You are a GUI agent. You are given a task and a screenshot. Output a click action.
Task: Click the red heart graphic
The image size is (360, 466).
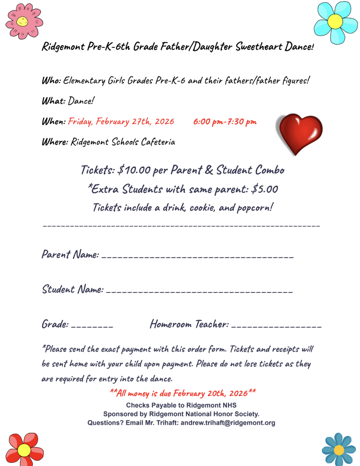point(300,133)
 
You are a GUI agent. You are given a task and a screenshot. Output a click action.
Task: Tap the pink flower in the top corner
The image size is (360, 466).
point(24,21)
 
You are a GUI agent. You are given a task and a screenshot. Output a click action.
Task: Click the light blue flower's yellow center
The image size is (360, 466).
point(335,20)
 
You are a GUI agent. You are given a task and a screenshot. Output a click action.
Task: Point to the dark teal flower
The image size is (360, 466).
point(339,449)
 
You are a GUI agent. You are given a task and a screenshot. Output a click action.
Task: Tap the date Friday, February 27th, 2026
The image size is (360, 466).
point(121,122)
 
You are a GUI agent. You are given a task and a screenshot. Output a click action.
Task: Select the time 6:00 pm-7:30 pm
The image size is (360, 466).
point(225,122)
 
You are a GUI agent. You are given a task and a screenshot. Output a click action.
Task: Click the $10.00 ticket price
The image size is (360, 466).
point(134,170)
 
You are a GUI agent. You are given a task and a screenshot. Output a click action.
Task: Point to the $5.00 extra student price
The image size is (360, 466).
point(265,189)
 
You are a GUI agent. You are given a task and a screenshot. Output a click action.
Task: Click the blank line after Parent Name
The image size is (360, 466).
point(197,256)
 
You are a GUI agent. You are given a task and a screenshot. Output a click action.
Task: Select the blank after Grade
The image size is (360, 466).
point(92,326)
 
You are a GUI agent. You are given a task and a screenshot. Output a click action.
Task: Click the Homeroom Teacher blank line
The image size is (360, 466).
point(276,326)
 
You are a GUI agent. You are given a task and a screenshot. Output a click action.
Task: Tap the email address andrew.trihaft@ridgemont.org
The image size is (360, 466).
point(228,423)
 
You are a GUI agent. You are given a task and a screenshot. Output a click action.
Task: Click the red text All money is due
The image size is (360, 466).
point(183,393)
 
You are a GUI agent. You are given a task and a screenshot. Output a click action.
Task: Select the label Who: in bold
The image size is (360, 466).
point(51,80)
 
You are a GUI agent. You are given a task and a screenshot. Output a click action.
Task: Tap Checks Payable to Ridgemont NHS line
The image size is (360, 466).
point(181,406)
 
